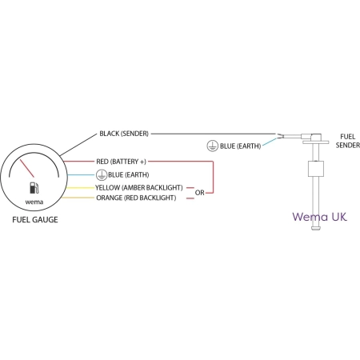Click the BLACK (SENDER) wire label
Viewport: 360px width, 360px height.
coord(124,134)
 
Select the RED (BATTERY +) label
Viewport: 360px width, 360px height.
coord(121,162)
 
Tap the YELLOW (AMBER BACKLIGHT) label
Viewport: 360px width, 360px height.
coord(139,188)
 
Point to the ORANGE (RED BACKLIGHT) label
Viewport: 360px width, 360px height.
coord(136,198)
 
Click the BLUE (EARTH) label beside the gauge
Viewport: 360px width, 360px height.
coord(129,175)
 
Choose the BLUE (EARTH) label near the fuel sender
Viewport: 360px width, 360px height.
coord(240,146)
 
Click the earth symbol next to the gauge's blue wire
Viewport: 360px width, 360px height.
coord(102,175)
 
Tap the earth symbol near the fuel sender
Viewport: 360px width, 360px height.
coord(213,146)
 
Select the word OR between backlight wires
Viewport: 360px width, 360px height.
coord(200,193)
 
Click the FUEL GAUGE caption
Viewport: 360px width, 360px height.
coord(35,220)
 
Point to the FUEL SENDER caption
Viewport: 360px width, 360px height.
coord(348,141)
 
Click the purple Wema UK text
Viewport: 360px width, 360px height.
coord(320,217)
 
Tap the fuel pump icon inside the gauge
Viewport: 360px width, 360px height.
coord(34,188)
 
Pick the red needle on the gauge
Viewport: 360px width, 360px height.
coord(27,168)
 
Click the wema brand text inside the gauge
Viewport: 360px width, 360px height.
coord(34,202)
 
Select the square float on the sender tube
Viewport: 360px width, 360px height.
coord(316,169)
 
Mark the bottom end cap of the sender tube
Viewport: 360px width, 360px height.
coord(316,228)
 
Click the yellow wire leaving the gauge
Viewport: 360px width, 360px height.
coord(80,188)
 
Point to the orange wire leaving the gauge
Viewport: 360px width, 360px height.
coord(78,198)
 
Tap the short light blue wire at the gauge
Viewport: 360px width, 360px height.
coord(82,175)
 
